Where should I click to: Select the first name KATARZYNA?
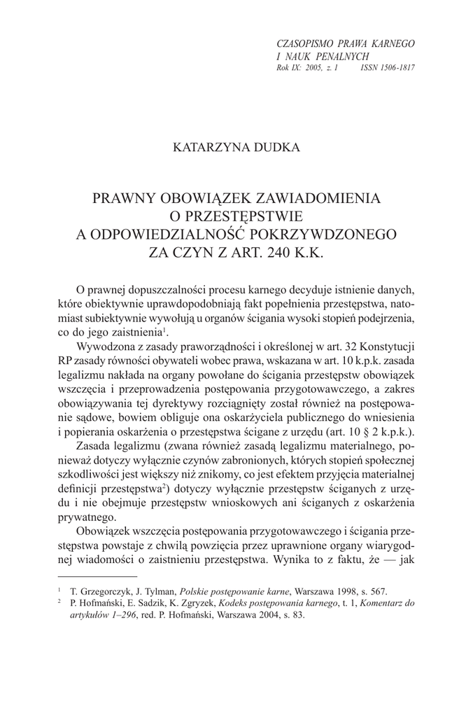click(206, 148)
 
